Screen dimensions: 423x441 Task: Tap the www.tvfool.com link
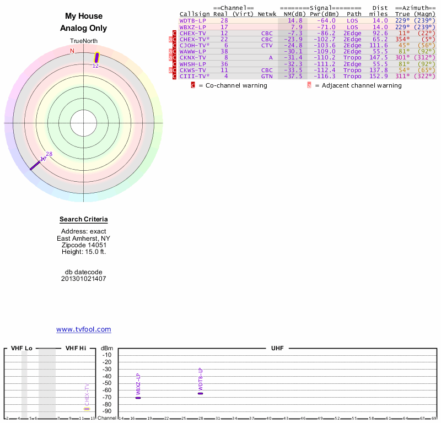(x=84, y=329)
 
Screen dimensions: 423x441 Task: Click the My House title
(x=84, y=17)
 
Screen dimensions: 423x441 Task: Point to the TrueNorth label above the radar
(x=84, y=41)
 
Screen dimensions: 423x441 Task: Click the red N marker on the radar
(x=72, y=51)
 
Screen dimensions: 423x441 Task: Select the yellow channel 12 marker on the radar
(x=97, y=57)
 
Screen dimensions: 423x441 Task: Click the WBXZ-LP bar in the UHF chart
(x=138, y=398)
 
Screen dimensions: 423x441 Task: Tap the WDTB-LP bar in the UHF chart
(x=201, y=393)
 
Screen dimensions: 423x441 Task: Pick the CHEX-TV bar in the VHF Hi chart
(x=87, y=409)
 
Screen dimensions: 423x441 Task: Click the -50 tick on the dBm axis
(x=107, y=383)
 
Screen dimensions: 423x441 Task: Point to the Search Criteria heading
(x=84, y=219)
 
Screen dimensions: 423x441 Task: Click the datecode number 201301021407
(x=84, y=279)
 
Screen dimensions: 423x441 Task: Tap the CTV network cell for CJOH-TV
(x=267, y=45)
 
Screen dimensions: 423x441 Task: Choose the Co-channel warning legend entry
(x=232, y=85)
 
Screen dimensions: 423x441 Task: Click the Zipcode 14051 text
(x=84, y=245)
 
